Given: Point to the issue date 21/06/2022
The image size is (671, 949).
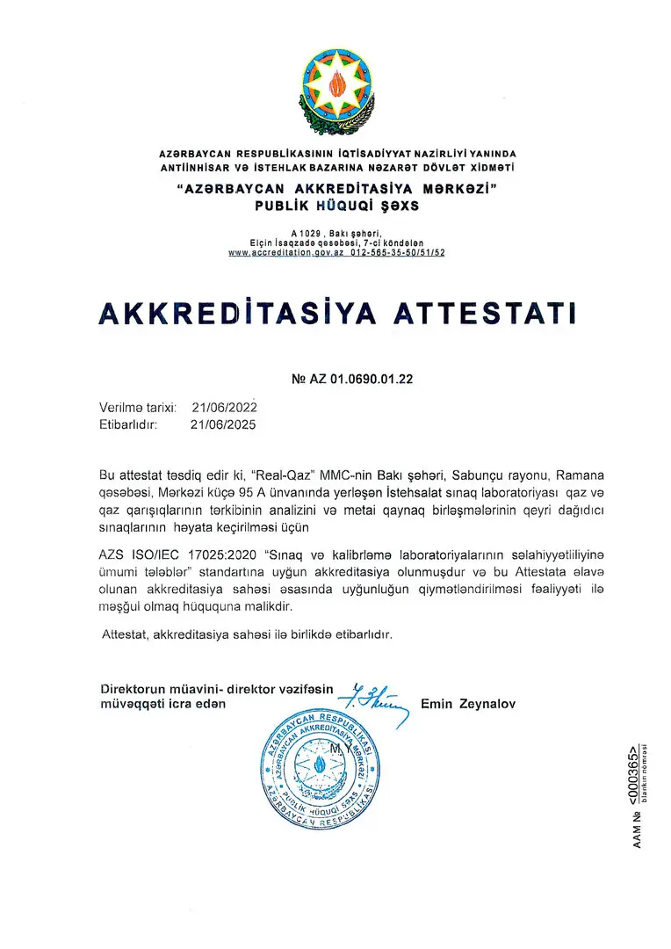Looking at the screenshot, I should (224, 408).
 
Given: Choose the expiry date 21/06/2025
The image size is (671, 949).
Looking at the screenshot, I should (224, 424).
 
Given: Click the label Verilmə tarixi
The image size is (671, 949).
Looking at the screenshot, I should (138, 408).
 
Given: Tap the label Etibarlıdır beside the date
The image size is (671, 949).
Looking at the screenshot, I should (128, 424).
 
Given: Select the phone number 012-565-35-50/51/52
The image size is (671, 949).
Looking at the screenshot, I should (398, 252).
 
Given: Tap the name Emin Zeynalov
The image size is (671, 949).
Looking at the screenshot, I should (468, 703).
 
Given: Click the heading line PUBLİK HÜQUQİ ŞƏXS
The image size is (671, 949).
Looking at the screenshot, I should (336, 206).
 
